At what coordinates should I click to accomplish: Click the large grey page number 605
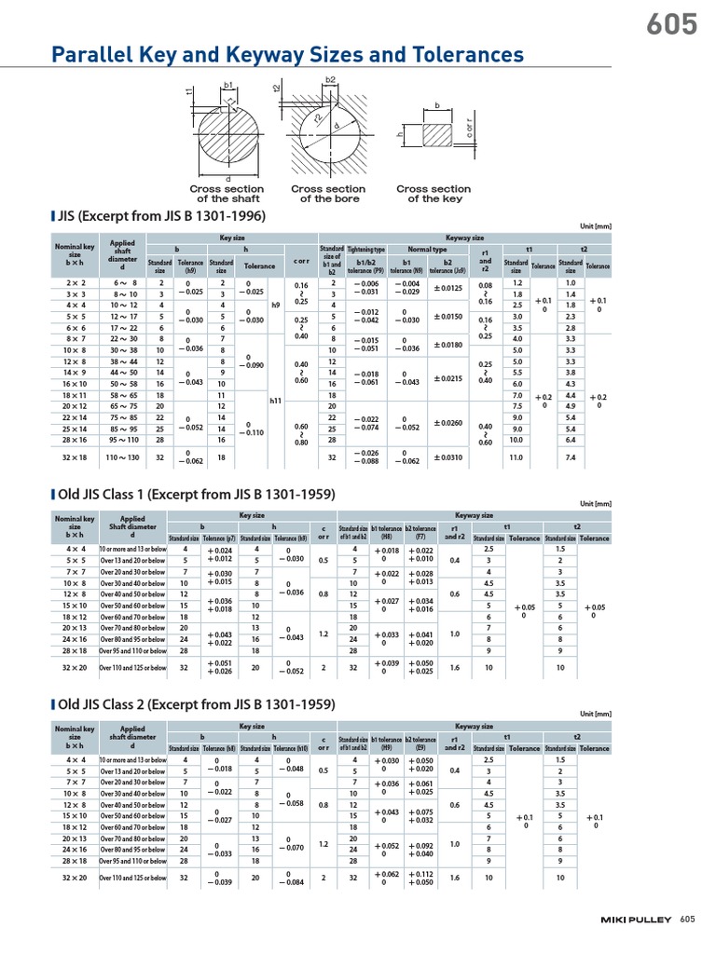[671, 24]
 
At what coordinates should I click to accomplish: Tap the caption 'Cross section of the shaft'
[227, 194]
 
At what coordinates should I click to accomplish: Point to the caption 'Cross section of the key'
[434, 194]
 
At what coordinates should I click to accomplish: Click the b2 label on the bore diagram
[330, 81]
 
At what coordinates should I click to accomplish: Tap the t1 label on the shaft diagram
[189, 91]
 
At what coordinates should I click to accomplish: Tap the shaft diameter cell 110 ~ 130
[126, 458]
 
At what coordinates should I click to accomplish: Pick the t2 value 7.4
[571, 458]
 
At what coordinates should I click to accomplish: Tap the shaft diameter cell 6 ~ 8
[126, 282]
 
